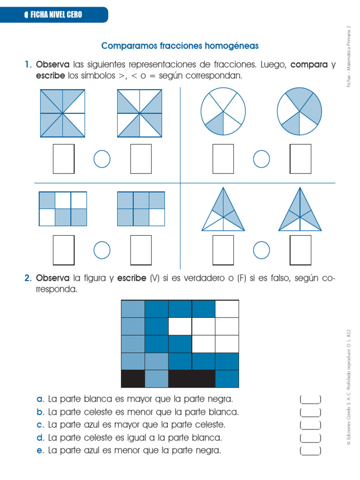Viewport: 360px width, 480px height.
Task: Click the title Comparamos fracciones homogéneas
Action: pyautogui.click(x=180, y=46)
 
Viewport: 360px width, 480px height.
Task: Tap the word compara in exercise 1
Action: pyautogui.click(x=308, y=65)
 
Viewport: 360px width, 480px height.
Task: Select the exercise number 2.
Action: pyautogui.click(x=28, y=278)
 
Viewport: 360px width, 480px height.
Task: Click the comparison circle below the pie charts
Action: pyautogui.click(x=262, y=159)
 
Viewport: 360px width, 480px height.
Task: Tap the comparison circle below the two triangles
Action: pyautogui.click(x=262, y=250)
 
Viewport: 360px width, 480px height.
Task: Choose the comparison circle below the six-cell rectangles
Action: pyautogui.click(x=102, y=250)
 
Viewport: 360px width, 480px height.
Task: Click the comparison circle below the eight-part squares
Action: pyautogui.click(x=102, y=159)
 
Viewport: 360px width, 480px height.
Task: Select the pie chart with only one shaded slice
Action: pyautogui.click(x=223, y=112)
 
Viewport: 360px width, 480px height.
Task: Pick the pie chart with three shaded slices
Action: pyautogui.click(x=300, y=112)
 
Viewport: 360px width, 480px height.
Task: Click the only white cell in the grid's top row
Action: pyautogui.click(x=227, y=309)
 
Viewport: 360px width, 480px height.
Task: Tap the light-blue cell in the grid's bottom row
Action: pyautogui.click(x=156, y=379)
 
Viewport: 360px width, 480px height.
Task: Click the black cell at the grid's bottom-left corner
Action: pyautogui.click(x=133, y=379)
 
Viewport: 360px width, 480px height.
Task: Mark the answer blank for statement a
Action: pyautogui.click(x=310, y=399)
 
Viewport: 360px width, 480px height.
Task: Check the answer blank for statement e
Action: pyautogui.click(x=310, y=450)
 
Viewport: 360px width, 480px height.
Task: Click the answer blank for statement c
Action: pyautogui.click(x=310, y=425)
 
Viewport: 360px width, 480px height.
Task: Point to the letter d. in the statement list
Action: pyautogui.click(x=40, y=438)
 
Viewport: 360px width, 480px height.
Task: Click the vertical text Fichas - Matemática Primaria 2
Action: pyautogui.click(x=348, y=56)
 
